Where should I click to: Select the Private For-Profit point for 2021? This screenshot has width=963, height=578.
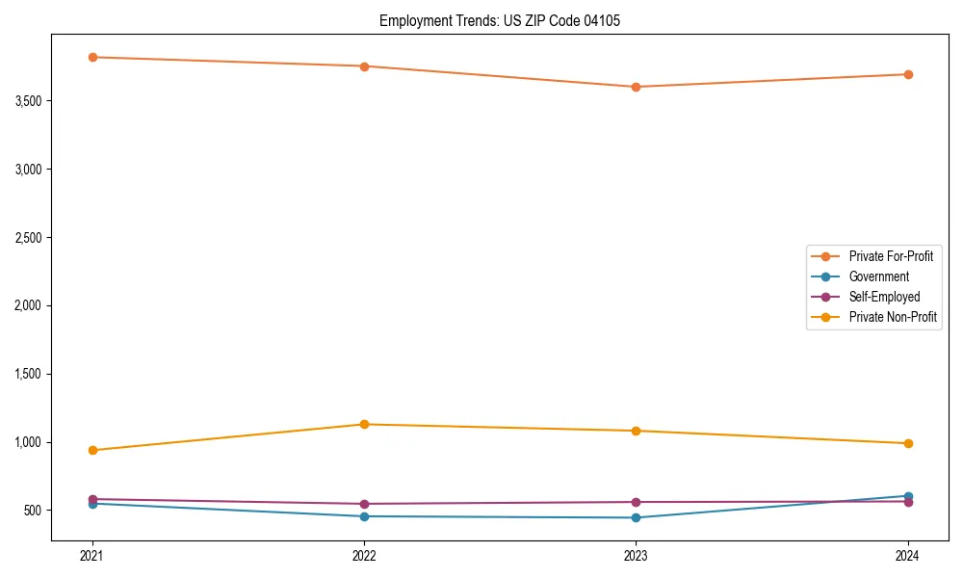[92, 57]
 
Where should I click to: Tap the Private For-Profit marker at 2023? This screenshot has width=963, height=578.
[636, 87]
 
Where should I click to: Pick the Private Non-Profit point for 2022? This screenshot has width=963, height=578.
[364, 424]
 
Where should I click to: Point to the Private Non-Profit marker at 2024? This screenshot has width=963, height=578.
[907, 443]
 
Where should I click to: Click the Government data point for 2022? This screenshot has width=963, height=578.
[364, 516]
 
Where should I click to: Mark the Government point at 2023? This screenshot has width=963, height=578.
[636, 517]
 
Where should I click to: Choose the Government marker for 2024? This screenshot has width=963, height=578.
[907, 496]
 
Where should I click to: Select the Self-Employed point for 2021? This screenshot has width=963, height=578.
[92, 499]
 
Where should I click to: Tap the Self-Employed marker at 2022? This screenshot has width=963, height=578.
[364, 504]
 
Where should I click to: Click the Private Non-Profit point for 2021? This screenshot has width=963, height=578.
[92, 450]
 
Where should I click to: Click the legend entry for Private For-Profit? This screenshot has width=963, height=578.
[891, 256]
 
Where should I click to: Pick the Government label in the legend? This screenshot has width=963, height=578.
[878, 276]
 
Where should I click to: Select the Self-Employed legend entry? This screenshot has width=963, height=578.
[884, 297]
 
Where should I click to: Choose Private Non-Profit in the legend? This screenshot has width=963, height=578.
[893, 317]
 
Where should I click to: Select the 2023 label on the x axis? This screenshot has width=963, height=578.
[636, 556]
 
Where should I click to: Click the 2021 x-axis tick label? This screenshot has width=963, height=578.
[92, 556]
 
